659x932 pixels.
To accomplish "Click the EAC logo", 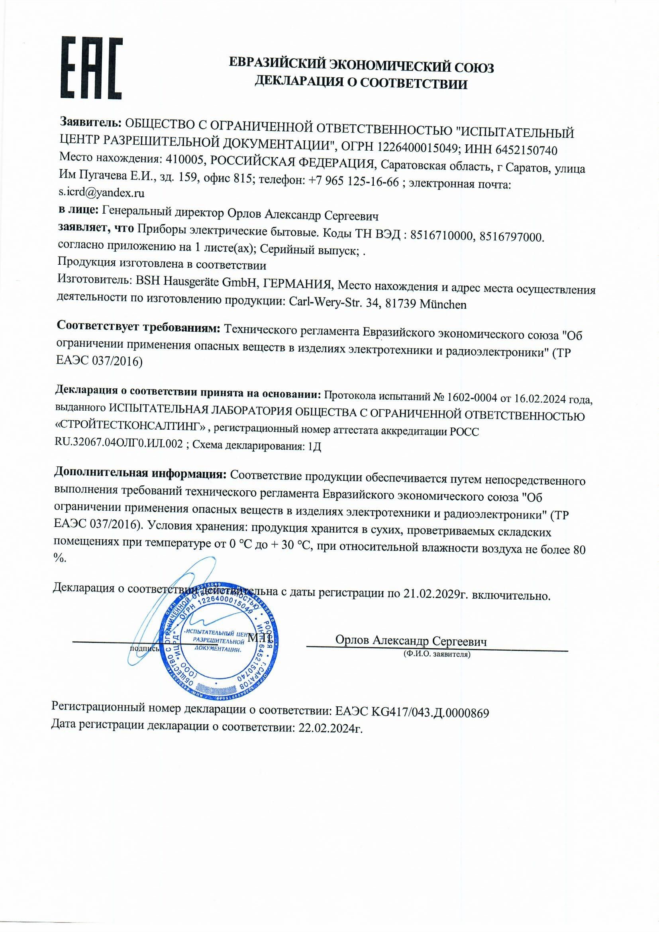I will pos(92,68).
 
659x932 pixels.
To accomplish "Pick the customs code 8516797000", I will pos(511,237).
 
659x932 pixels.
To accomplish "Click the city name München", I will pos(443,305).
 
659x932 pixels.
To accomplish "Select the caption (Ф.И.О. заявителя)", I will pos(437,654).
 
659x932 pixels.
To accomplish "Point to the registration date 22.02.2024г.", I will pos(330,728).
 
